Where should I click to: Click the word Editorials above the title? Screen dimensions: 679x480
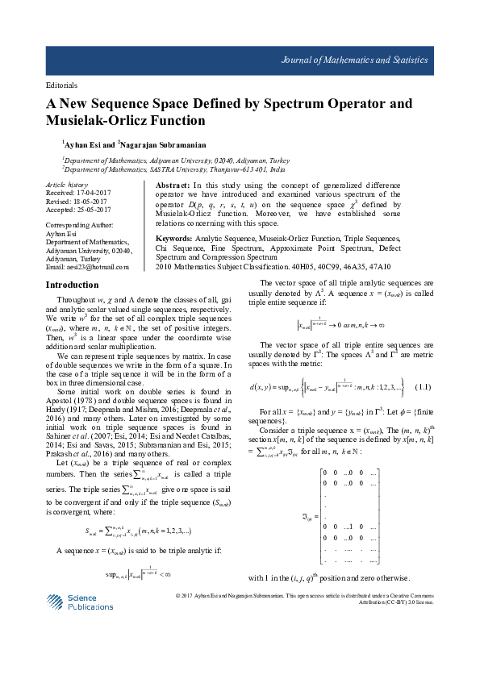point(61,85)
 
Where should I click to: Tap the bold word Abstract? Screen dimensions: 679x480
point(172,185)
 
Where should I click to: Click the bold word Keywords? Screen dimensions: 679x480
point(173,240)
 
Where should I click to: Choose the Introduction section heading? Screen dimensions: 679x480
point(73,285)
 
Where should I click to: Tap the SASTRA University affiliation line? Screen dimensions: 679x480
point(173,170)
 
